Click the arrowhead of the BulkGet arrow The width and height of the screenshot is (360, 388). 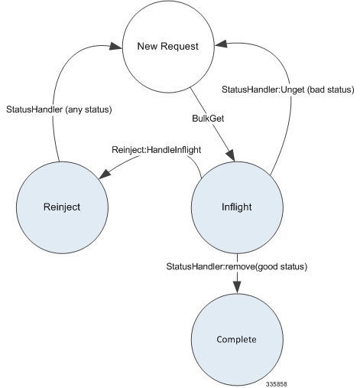[x=230, y=158]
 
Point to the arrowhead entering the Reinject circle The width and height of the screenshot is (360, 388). [x=102, y=177]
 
